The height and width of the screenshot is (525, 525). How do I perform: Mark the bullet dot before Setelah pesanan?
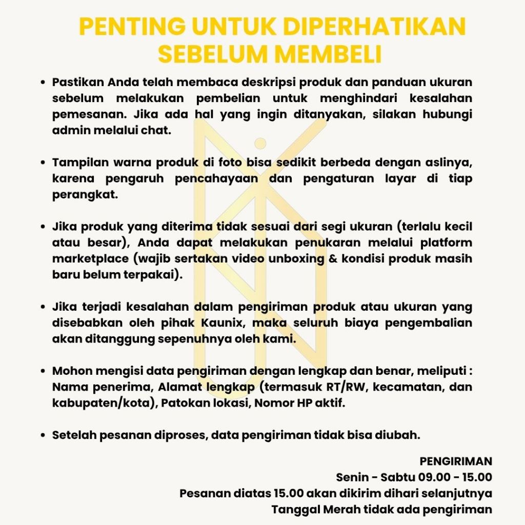[x=44, y=435]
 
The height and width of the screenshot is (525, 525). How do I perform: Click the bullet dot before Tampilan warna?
[x=44, y=163]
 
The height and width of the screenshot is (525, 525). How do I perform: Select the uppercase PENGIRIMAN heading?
[x=456, y=461]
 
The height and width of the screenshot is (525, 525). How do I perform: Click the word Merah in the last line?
[x=340, y=510]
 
